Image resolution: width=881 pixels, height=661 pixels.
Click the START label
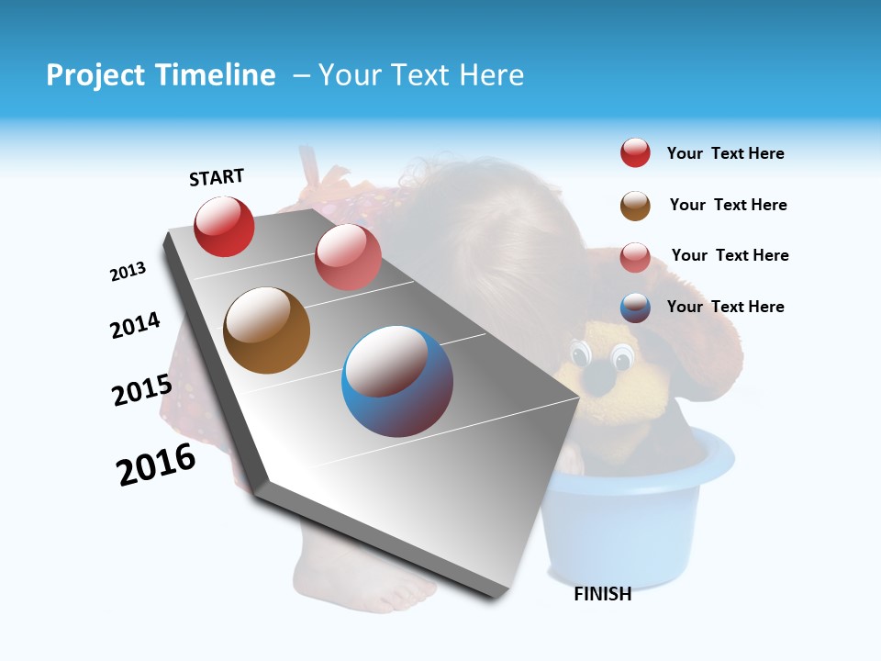click(x=217, y=177)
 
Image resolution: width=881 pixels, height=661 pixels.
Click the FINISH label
click(x=602, y=594)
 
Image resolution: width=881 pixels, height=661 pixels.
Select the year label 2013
click(x=128, y=272)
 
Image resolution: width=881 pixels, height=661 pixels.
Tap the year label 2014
click(x=135, y=325)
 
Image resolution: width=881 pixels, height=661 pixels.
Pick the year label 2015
click(x=141, y=390)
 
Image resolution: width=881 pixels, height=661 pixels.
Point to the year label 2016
click(x=156, y=465)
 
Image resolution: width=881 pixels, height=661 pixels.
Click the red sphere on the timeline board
click(x=224, y=226)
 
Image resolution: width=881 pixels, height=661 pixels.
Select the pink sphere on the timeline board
click(x=348, y=257)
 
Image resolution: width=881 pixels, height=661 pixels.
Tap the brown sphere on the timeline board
click(x=266, y=330)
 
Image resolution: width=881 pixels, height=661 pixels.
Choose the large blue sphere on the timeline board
click(x=397, y=381)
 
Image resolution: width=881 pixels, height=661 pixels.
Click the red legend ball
click(x=635, y=153)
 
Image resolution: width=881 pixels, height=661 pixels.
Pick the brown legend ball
click(x=635, y=206)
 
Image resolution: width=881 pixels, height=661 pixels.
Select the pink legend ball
click(x=635, y=257)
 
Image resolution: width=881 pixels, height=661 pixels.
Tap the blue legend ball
click(x=635, y=308)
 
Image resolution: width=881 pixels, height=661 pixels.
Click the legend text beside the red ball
click(x=725, y=153)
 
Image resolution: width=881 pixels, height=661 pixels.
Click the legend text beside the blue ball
click(x=725, y=307)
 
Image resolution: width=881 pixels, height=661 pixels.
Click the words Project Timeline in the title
click(x=161, y=75)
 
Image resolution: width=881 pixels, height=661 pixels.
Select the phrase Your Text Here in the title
click(x=421, y=75)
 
